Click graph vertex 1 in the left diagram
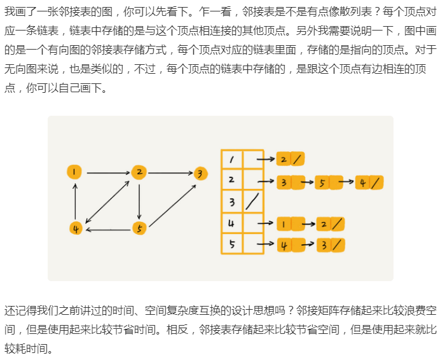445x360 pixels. click(x=75, y=172)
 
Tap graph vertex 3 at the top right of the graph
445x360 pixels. click(x=200, y=173)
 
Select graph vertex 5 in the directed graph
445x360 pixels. click(x=140, y=228)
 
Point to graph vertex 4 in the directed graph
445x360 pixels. click(x=76, y=228)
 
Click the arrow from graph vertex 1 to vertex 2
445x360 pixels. click(x=107, y=172)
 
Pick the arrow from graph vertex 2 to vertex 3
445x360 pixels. click(x=170, y=172)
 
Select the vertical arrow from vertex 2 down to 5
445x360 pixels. click(x=140, y=200)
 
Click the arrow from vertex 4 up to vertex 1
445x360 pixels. click(x=76, y=200)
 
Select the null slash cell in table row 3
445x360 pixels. click(x=252, y=203)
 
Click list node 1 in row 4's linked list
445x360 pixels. click(x=284, y=224)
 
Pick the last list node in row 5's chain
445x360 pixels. click(x=331, y=245)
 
